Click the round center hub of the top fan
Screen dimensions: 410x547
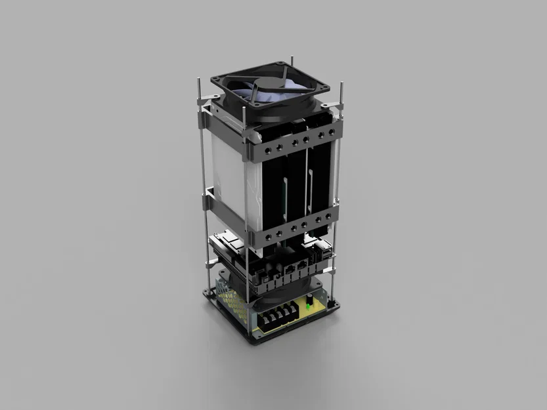pyautogui.click(x=271, y=86)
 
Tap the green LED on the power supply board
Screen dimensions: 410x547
pyautogui.click(x=308, y=306)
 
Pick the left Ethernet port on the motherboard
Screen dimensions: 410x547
pyautogui.click(x=288, y=270)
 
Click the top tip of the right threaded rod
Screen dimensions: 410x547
pyautogui.click(x=341, y=83)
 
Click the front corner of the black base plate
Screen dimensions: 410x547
pyautogui.click(x=253, y=342)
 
